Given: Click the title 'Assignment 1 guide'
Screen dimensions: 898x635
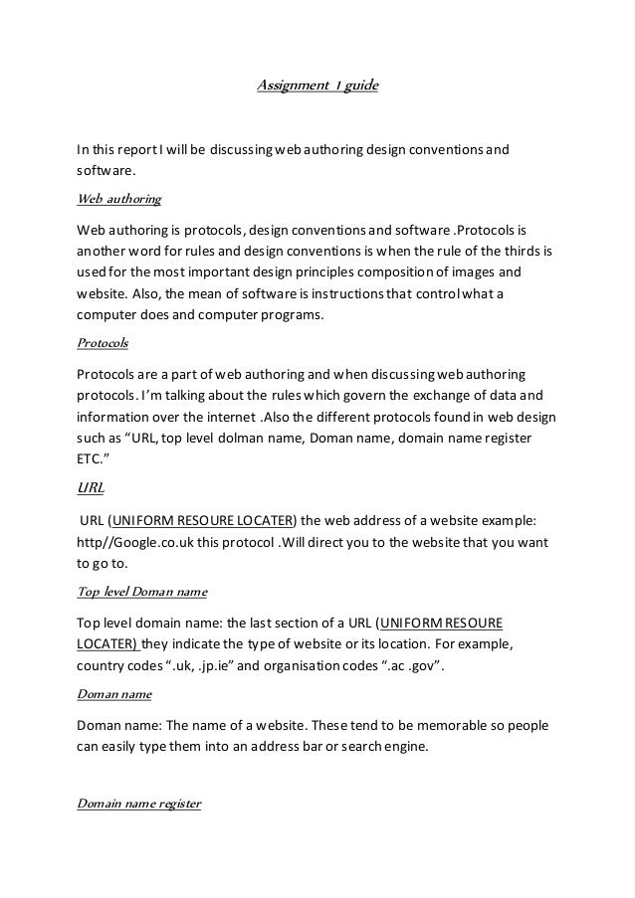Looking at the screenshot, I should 317,87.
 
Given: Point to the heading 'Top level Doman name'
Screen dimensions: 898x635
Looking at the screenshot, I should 141,593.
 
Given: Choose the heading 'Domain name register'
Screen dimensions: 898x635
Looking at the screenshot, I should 138,803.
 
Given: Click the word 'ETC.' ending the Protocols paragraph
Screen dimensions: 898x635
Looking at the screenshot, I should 96,460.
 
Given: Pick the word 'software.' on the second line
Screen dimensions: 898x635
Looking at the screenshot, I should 106,172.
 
